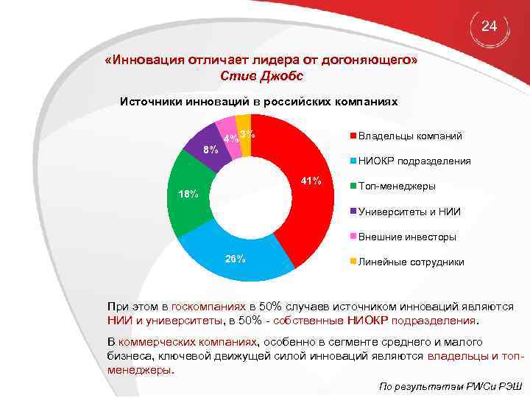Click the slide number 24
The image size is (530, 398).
pos(489,27)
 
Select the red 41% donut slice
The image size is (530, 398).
pos(294,199)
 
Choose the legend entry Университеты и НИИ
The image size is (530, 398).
pos(409,212)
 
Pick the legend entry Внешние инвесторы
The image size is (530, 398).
pos(406,237)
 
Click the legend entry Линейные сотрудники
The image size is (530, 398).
pos(410,262)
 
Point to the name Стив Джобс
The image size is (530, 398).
pos(261,76)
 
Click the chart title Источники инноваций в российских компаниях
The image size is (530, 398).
pos(259,102)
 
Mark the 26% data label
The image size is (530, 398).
pos(235,259)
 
